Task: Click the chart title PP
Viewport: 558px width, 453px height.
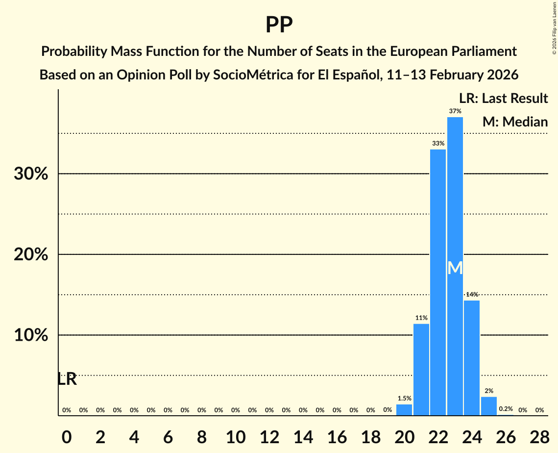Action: click(x=279, y=25)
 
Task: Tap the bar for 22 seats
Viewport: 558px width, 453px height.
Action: click(x=438, y=282)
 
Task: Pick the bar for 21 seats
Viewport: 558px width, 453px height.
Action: click(x=421, y=370)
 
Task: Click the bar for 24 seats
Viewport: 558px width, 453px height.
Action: click(x=472, y=358)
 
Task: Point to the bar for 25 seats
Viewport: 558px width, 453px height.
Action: click(x=489, y=406)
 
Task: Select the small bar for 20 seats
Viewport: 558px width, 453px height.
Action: click(x=404, y=410)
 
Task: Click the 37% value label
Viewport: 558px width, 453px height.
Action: click(x=455, y=111)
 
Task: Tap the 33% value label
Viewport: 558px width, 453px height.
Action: click(x=438, y=144)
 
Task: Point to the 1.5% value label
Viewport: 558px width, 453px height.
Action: click(x=404, y=399)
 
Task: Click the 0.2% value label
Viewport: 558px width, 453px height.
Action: click(x=506, y=409)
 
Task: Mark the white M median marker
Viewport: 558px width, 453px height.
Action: click(x=455, y=268)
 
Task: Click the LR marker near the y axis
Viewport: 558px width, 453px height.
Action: click(x=67, y=379)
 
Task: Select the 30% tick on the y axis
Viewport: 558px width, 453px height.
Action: click(x=31, y=174)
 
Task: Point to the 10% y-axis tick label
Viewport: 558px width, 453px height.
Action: click(x=31, y=335)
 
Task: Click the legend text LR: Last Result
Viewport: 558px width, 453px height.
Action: click(x=503, y=99)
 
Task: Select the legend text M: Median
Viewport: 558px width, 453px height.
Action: click(x=515, y=122)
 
